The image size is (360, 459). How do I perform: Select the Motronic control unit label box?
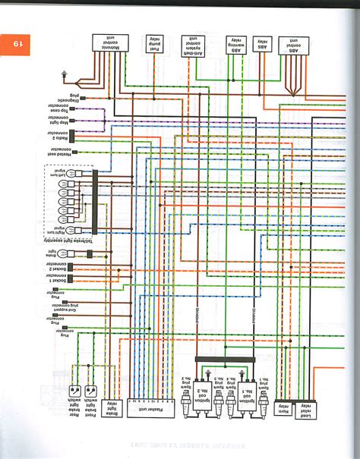tap(105, 42)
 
